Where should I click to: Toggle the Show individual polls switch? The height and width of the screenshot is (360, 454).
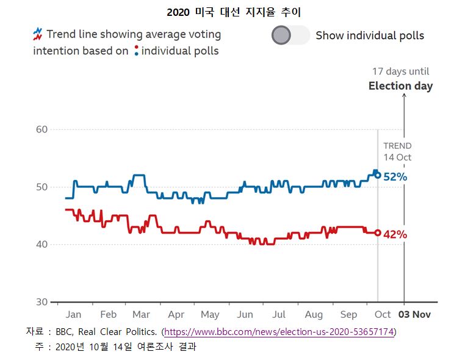[290, 35]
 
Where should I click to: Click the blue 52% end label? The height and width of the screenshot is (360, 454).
[395, 177]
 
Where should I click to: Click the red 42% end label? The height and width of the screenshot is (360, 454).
[395, 234]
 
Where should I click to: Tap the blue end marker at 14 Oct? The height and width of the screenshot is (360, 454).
[378, 175]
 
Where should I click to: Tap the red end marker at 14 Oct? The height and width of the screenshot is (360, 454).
[378, 232]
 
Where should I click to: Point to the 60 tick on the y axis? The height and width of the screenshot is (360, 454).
[41, 129]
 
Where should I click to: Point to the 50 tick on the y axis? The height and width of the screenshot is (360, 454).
[41, 187]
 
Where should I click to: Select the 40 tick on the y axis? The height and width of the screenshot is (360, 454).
[41, 244]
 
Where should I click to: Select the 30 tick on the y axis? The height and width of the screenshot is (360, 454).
[41, 302]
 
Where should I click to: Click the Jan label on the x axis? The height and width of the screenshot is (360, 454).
[73, 315]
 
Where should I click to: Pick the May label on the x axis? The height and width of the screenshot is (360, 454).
[210, 315]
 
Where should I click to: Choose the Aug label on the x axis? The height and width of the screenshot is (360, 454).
[314, 315]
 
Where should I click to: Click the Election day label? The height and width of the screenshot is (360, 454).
[400, 86]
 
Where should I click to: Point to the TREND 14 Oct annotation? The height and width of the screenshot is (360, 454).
[397, 151]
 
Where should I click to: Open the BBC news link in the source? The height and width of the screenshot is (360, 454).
[280, 332]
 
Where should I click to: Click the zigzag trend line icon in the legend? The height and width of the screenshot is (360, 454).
[38, 33]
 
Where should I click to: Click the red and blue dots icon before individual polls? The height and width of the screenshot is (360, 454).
[135, 51]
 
